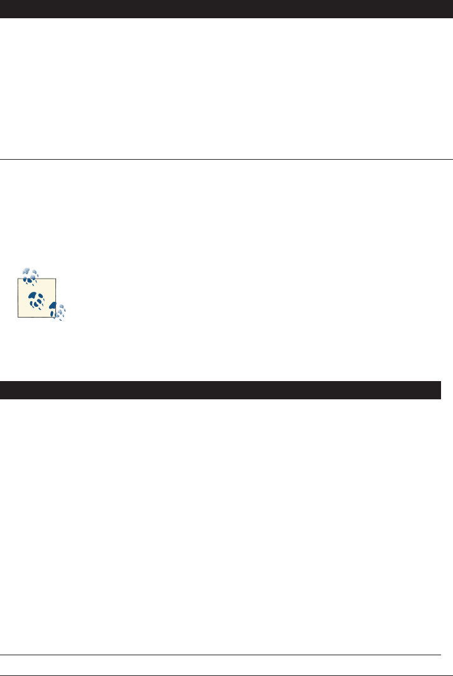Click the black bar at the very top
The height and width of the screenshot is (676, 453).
click(x=226, y=9)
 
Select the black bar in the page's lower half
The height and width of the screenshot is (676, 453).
click(x=220, y=390)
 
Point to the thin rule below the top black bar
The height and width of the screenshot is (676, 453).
click(x=226, y=159)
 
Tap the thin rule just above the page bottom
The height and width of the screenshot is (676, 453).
click(x=220, y=655)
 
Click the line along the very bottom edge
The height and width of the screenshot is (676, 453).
click(x=226, y=675)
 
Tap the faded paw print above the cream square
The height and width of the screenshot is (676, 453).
click(x=30, y=274)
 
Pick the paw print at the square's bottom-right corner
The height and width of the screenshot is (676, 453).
click(x=58, y=310)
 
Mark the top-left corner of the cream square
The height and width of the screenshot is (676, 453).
click(x=18, y=279)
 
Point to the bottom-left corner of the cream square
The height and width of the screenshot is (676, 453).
click(x=18, y=318)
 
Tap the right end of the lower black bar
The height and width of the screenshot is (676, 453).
click(x=439, y=390)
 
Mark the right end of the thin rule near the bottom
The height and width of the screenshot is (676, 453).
click(x=440, y=655)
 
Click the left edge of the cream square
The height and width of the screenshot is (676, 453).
click(x=18, y=298)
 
